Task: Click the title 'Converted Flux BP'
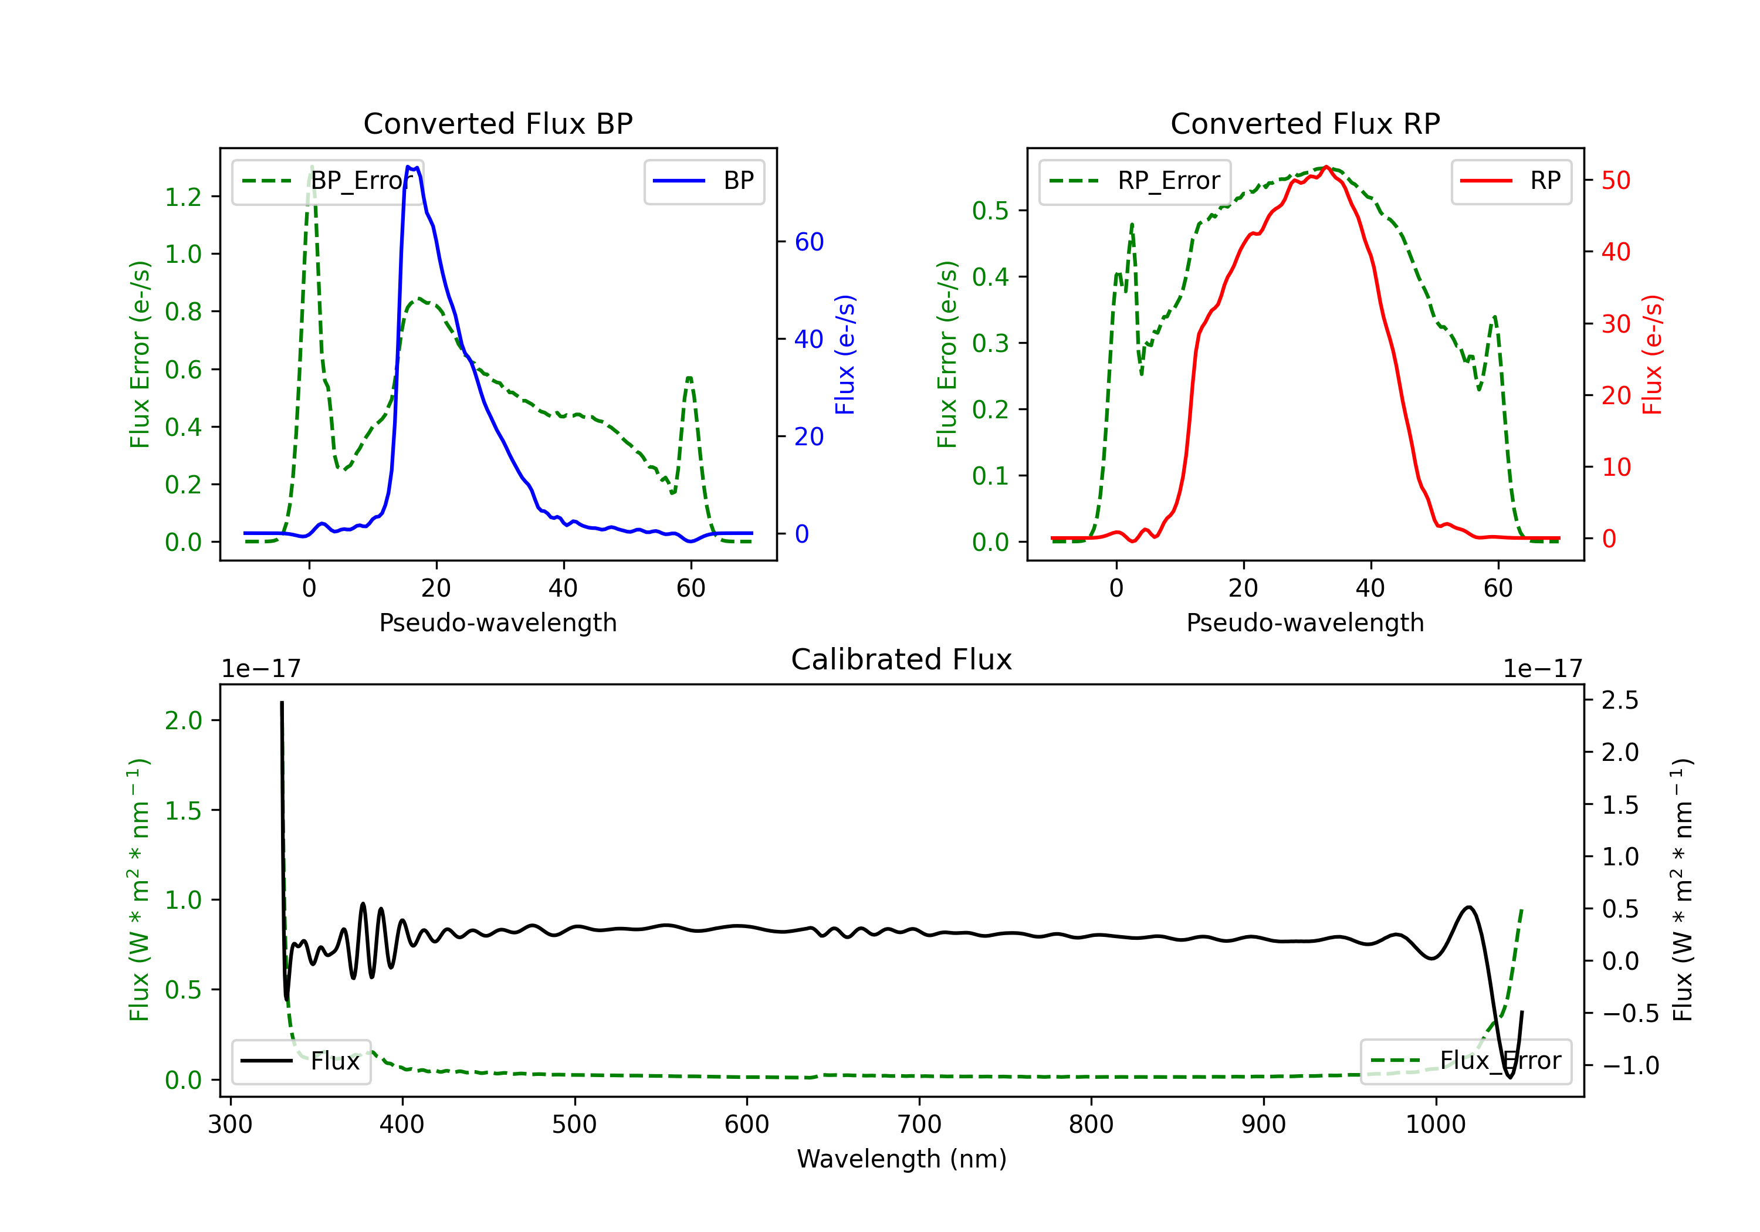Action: click(497, 123)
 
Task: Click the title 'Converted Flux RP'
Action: click(1305, 123)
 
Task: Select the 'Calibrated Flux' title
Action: click(902, 659)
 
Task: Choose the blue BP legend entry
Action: click(703, 181)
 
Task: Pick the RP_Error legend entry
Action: click(1135, 181)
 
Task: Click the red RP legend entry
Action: click(1511, 181)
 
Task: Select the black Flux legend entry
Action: click(300, 1061)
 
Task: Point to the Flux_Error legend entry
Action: click(1465, 1061)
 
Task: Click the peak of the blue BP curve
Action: click(408, 167)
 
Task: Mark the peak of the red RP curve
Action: click(1327, 167)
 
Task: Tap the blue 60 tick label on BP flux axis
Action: click(810, 242)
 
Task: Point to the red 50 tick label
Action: click(1616, 181)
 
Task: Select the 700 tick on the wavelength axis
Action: click(919, 1124)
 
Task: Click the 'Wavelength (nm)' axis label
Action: click(902, 1159)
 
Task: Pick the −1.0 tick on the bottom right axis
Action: click(1630, 1065)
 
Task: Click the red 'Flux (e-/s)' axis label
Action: click(1652, 355)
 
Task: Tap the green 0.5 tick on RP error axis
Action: click(990, 210)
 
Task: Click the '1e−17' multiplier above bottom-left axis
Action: click(260, 669)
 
